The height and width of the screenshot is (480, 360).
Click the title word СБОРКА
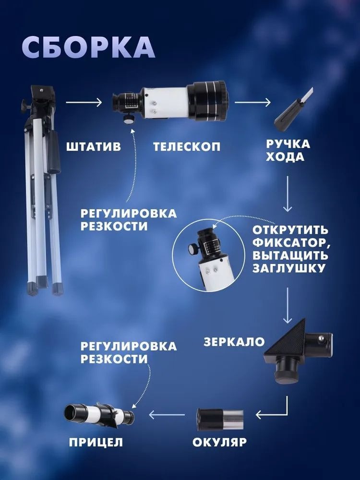point(88,48)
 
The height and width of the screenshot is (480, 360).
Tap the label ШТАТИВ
point(94,146)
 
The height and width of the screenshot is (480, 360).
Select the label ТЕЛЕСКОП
point(187,146)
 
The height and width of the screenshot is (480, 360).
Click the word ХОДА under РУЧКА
point(285,157)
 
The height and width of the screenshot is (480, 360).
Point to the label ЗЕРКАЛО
point(234,342)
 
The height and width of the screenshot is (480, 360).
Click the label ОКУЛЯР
point(219,442)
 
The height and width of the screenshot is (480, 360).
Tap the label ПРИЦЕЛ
point(96,442)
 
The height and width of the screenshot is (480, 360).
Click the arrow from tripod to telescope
point(84,102)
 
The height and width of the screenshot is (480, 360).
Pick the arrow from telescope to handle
point(252,102)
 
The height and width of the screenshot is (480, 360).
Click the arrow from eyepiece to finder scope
point(167,415)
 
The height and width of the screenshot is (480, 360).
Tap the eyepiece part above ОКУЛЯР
point(220,420)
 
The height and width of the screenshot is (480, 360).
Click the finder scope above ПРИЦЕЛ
point(99,415)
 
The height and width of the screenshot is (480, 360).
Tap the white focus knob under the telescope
point(129,119)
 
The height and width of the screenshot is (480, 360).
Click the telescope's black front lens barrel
point(207,100)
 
